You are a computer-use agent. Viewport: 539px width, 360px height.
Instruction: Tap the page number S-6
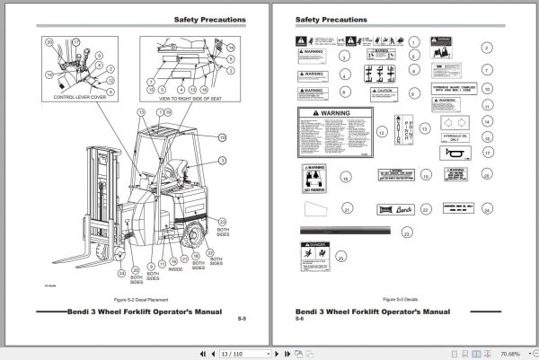pos(299,319)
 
